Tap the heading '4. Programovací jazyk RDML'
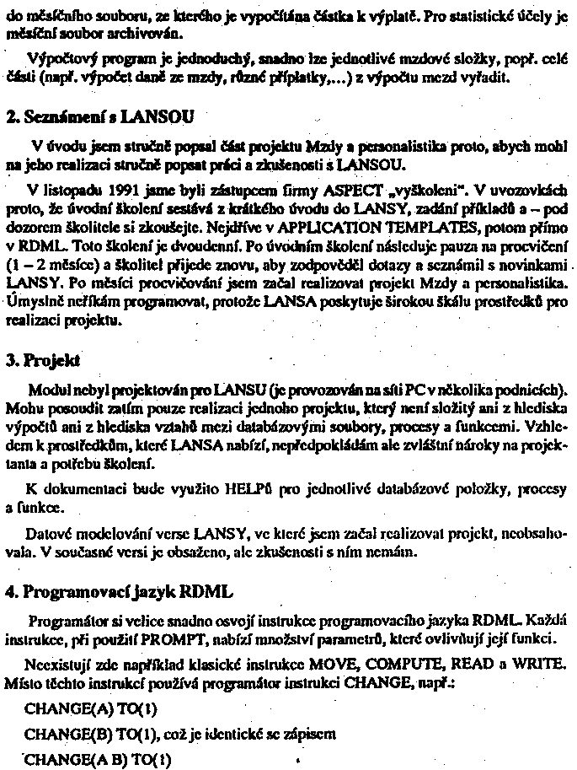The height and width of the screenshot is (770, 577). (x=118, y=590)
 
